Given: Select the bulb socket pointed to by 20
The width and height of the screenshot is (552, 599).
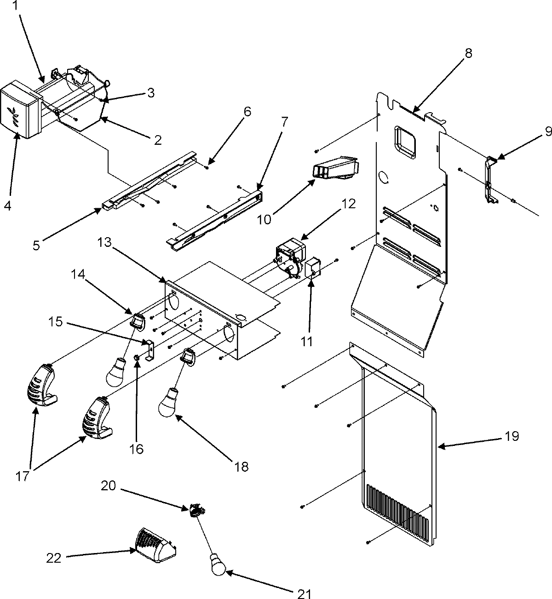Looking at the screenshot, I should click(x=196, y=509).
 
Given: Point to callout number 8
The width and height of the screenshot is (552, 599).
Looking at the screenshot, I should click(x=468, y=53).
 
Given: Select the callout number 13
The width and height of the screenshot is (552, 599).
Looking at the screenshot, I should click(x=105, y=242).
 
